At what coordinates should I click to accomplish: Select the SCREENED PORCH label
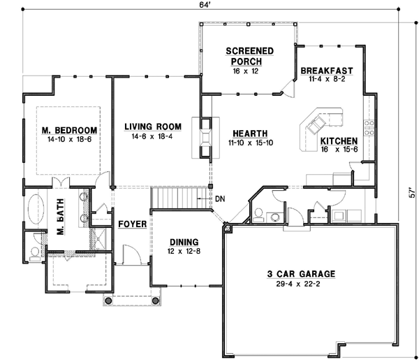pos(249,57)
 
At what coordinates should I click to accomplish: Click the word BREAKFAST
pos(327,71)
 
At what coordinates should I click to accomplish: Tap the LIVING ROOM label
pos(153,127)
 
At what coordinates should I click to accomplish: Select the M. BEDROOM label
pos(68,131)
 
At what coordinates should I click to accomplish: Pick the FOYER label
pos(131,224)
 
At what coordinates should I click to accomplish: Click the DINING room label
pos(183,241)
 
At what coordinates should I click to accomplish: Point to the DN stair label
pos(220,199)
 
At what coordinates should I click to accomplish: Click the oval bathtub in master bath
pos(35,210)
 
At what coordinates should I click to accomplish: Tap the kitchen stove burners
pos(369,128)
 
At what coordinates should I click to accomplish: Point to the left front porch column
pos(108,301)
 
